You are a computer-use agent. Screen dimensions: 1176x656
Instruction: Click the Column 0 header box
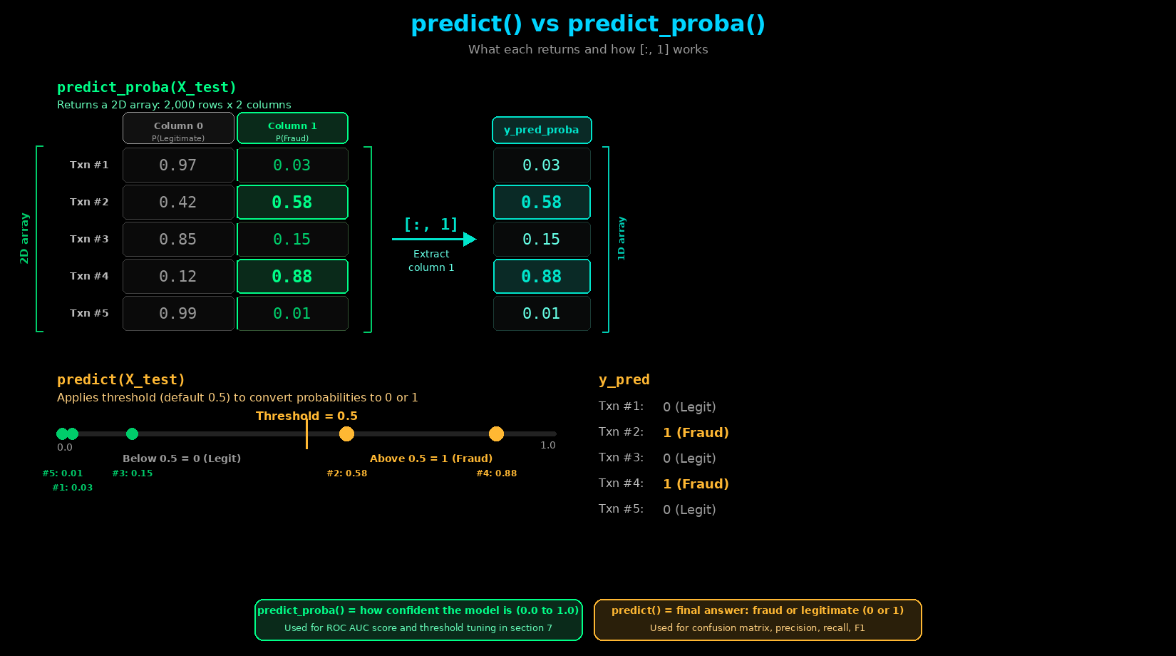[178, 128]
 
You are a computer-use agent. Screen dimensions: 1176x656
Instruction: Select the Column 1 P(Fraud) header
[292, 128]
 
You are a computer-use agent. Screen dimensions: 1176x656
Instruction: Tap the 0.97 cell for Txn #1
[178, 165]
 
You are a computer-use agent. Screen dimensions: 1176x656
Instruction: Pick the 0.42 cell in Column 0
[178, 203]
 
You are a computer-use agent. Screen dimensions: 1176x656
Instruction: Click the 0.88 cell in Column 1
[292, 276]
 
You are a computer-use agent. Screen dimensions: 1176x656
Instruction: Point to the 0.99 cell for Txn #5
[178, 314]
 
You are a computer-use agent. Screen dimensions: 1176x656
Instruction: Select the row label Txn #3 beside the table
[89, 239]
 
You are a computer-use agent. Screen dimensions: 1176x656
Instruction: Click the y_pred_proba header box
[542, 130]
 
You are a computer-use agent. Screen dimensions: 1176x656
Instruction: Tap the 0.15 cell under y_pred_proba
[542, 240]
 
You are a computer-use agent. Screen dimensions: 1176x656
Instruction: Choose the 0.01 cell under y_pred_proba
[542, 314]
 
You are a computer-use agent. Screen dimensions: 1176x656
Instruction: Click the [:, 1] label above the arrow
[431, 225]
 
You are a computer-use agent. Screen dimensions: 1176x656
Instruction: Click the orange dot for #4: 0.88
[496, 434]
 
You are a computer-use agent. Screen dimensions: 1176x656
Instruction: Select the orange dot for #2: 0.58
[346, 434]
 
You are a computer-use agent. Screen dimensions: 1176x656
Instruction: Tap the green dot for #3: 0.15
[133, 434]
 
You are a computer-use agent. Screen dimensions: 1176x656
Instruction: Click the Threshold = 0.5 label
[306, 416]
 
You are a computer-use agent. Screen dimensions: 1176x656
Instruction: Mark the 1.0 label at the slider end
[548, 446]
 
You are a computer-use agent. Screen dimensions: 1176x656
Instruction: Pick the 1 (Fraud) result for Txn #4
[696, 483]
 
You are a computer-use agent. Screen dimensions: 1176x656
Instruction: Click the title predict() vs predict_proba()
[588, 24]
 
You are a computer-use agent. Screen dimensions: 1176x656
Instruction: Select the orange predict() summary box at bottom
[758, 620]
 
